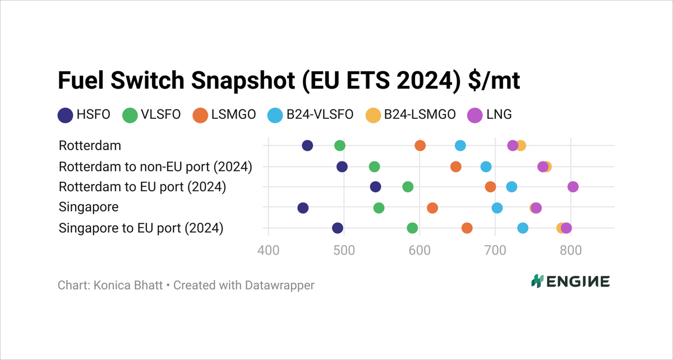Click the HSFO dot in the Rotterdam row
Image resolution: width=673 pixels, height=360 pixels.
307,146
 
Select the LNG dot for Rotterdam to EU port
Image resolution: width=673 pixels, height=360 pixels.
573,187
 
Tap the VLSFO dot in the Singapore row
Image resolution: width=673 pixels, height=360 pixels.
379,208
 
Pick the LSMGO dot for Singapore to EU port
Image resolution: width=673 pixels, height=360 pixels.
467,228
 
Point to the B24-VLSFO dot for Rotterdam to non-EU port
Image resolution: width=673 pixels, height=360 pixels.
486,167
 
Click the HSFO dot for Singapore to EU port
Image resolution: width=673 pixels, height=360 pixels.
337,228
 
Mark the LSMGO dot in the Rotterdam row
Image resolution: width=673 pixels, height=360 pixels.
420,146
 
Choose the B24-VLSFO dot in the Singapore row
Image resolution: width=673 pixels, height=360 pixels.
497,208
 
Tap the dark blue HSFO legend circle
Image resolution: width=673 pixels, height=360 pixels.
65,116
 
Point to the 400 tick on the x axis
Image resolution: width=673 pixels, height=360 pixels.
268,250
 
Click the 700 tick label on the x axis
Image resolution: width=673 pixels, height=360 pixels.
495,250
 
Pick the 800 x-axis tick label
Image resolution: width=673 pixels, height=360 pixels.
571,250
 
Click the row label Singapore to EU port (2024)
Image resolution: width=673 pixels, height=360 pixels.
141,228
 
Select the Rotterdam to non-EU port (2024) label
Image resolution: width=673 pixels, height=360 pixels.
155,167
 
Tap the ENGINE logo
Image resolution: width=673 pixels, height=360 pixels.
570,281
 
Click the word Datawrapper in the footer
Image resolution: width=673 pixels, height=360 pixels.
279,285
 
